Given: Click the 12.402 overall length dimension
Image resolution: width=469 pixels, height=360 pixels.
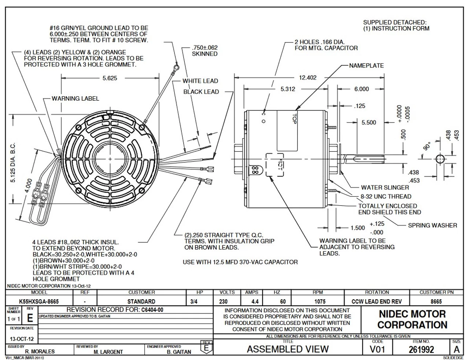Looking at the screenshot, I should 308,78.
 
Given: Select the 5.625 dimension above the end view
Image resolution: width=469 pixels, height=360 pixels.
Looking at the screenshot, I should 110,78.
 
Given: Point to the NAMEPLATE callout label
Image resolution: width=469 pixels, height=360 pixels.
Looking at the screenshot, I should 366,66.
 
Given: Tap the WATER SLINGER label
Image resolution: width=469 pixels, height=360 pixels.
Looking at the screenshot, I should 385,188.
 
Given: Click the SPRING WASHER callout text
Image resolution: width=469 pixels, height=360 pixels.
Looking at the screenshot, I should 432,225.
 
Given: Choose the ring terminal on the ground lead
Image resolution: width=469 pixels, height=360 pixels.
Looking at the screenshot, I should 177,67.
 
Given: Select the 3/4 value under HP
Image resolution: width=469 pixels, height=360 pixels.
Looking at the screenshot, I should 194,301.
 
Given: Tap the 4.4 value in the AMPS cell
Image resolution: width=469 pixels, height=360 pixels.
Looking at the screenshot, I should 255,301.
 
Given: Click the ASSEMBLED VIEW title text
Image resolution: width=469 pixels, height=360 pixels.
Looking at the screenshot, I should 288,349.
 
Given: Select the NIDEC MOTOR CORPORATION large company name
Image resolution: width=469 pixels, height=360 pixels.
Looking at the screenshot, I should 412,319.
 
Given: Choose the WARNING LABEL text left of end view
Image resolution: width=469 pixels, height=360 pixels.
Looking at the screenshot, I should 75,99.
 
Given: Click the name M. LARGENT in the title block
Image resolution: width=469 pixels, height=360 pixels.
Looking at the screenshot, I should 108,352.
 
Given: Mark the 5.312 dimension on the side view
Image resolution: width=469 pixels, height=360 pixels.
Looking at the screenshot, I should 288,89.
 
